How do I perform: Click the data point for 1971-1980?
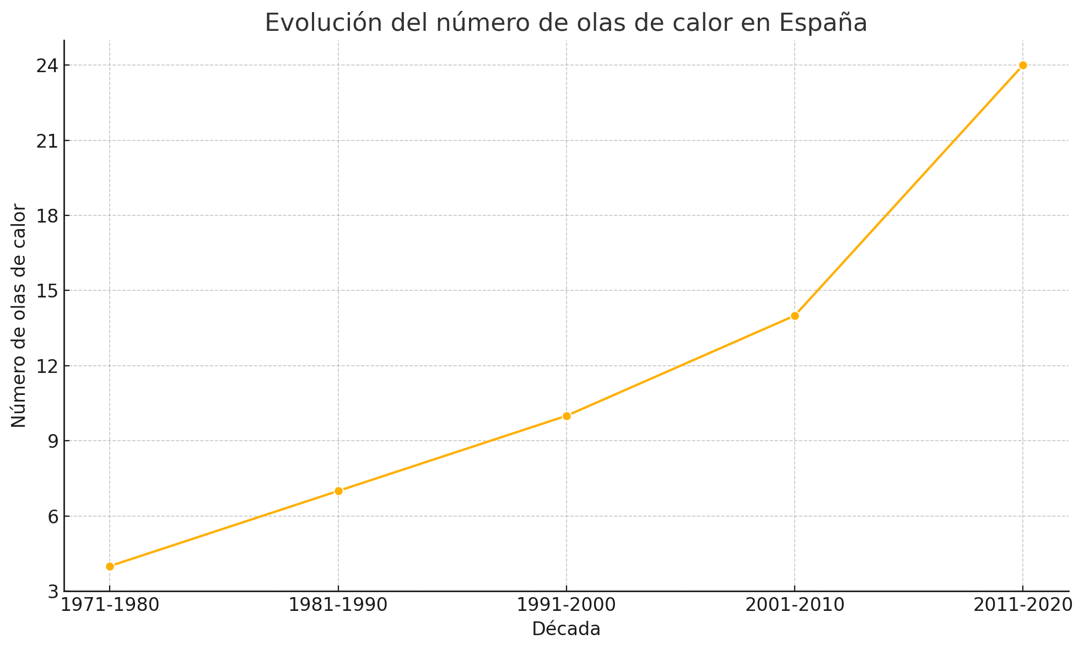point(110,566)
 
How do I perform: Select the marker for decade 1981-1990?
point(338,491)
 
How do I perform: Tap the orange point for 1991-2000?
point(567,416)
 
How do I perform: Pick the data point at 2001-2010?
point(795,316)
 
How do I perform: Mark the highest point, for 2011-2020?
point(1023,65)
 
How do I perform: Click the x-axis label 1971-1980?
point(110,605)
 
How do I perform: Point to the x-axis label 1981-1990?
point(338,605)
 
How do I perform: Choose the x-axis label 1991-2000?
point(567,605)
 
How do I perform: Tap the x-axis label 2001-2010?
point(795,605)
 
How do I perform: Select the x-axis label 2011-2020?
point(1023,605)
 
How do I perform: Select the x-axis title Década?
point(566,629)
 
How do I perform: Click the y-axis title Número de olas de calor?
point(19,316)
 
